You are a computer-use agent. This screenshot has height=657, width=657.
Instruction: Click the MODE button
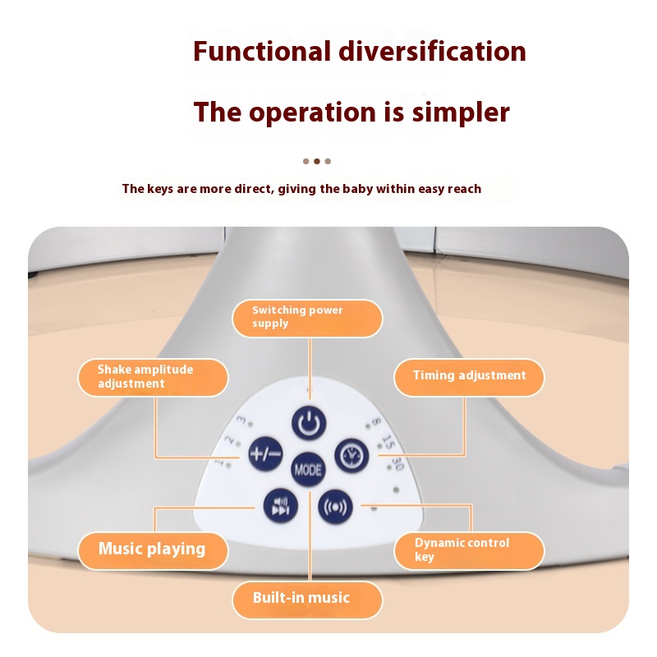pyautogui.click(x=308, y=469)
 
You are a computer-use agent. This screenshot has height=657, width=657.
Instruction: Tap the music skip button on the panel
pyautogui.click(x=276, y=505)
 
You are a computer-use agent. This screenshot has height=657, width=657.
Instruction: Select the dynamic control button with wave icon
pyautogui.click(x=333, y=505)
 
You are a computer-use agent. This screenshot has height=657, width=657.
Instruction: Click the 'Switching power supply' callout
pyautogui.click(x=307, y=318)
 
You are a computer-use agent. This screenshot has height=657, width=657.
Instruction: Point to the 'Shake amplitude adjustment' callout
pyautogui.click(x=153, y=377)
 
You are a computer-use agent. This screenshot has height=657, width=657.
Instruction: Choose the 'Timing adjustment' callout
pyautogui.click(x=468, y=376)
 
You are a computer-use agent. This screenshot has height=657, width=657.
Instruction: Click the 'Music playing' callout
pyautogui.click(x=152, y=549)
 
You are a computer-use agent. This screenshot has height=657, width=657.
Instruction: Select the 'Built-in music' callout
pyautogui.click(x=306, y=599)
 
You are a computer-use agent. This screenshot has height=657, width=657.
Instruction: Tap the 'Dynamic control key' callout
pyautogui.click(x=468, y=550)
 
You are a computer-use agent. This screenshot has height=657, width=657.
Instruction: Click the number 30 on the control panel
pyautogui.click(x=397, y=464)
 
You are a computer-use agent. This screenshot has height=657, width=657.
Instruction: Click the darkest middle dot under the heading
pyautogui.click(x=317, y=161)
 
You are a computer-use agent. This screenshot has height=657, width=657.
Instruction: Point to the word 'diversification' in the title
pyautogui.click(x=433, y=51)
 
